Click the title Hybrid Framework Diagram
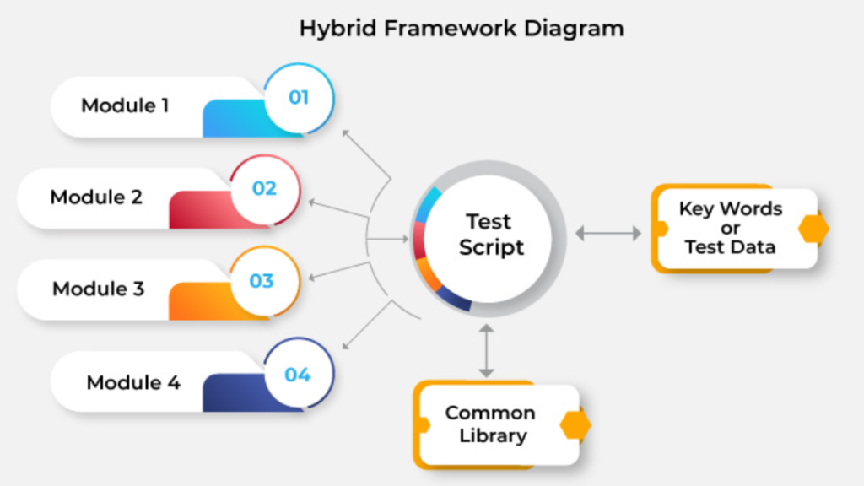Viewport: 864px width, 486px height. click(x=462, y=28)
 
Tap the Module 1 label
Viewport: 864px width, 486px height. click(x=125, y=105)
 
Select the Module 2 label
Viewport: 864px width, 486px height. click(x=96, y=197)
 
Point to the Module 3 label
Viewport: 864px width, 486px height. click(x=98, y=289)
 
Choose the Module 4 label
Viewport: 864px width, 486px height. click(x=133, y=381)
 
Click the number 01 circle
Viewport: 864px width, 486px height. click(x=299, y=97)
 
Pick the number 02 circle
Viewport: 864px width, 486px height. click(x=264, y=188)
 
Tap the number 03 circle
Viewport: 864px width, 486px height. click(x=262, y=280)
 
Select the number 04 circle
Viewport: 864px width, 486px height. click(x=298, y=374)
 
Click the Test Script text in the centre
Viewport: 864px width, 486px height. click(x=490, y=235)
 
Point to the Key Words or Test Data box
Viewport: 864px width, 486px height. click(x=731, y=228)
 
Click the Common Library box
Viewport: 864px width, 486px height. click(x=490, y=424)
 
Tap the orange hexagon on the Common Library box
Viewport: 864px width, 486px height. click(x=575, y=425)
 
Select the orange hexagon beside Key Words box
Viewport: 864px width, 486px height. click(x=813, y=228)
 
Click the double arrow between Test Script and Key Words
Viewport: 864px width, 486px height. click(x=607, y=233)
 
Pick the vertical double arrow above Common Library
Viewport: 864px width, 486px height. click(x=485, y=348)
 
